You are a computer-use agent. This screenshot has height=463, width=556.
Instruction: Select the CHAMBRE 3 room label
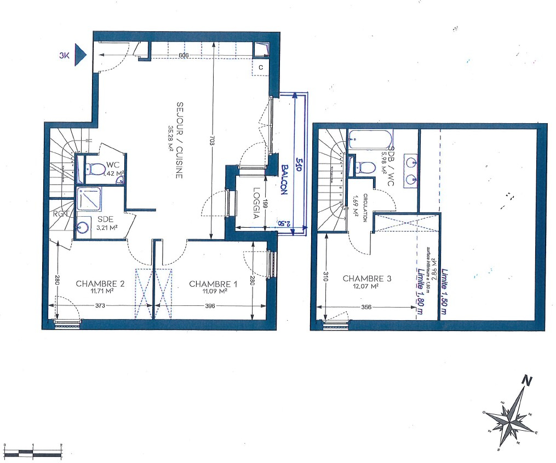tap(367, 279)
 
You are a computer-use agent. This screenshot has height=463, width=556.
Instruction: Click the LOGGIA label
tap(256, 204)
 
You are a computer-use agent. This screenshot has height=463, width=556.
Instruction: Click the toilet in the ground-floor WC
tap(96, 169)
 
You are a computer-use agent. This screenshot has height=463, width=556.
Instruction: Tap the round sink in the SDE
tap(83, 227)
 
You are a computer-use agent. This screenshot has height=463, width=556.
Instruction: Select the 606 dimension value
tap(184, 56)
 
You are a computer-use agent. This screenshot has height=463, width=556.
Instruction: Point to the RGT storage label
tap(59, 215)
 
